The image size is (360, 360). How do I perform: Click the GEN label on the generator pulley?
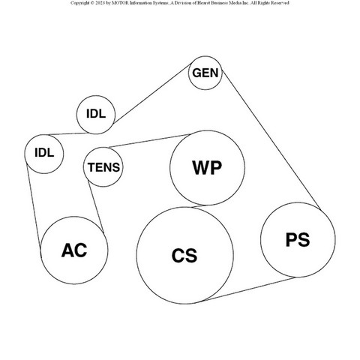tap(205, 73)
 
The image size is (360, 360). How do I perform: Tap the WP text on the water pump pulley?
tap(207, 167)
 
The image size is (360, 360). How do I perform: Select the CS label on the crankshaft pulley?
tap(184, 255)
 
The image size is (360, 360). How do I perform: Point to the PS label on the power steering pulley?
tap(298, 239)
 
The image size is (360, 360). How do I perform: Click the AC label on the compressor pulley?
tap(74, 250)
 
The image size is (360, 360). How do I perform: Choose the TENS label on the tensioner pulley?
tap(103, 167)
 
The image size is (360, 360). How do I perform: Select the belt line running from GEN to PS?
tap(271, 139)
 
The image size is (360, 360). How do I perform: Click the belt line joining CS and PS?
tap(247, 289)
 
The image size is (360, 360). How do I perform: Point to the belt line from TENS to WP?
tap(149, 141)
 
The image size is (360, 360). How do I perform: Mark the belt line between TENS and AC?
tap(96, 207)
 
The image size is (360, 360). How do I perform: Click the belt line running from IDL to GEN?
tap(152, 94)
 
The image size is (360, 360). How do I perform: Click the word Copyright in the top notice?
tap(79, 3)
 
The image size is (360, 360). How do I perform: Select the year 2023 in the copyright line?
tap(100, 3)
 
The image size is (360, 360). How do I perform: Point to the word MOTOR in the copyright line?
tap(121, 3)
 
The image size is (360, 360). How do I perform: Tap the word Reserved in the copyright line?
tap(280, 3)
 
